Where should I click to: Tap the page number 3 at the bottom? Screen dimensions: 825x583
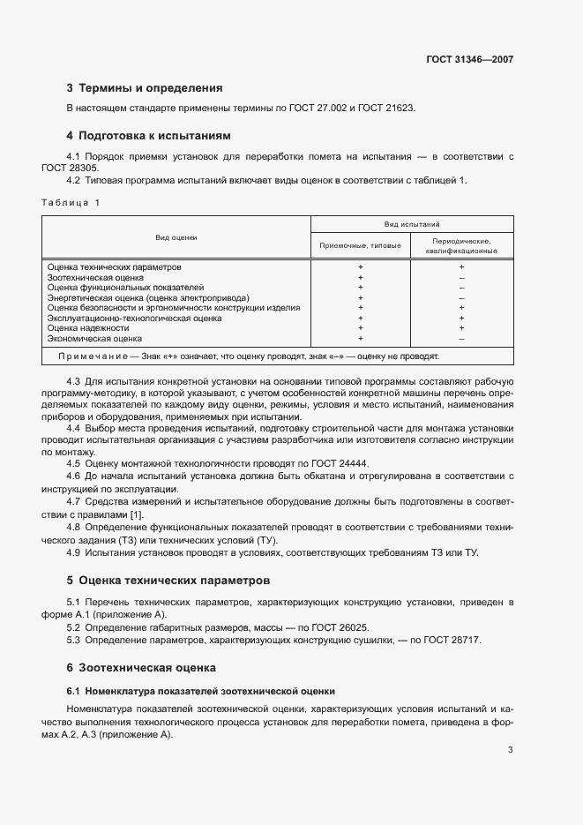pyautogui.click(x=511, y=750)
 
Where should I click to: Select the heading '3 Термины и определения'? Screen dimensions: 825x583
pyautogui.click(x=145, y=88)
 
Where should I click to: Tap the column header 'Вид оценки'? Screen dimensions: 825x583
pyautogui.click(x=176, y=237)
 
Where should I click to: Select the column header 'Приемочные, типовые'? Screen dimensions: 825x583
pyautogui.click(x=360, y=245)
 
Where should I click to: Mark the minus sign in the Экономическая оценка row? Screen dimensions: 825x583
pyautogui.click(x=461, y=339)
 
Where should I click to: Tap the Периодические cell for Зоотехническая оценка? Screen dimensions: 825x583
pyautogui.click(x=461, y=277)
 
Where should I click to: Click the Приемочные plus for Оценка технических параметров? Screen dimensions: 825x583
pyautogui.click(x=360, y=266)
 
